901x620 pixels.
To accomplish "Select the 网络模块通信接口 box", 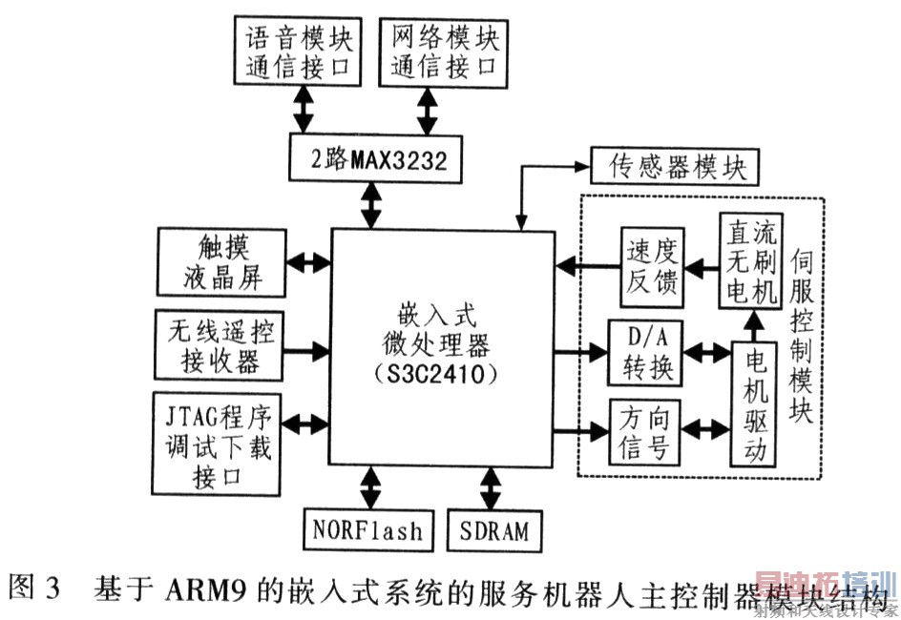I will (445, 53).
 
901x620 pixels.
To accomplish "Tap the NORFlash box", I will (367, 528).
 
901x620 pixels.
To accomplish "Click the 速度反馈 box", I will (654, 268).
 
